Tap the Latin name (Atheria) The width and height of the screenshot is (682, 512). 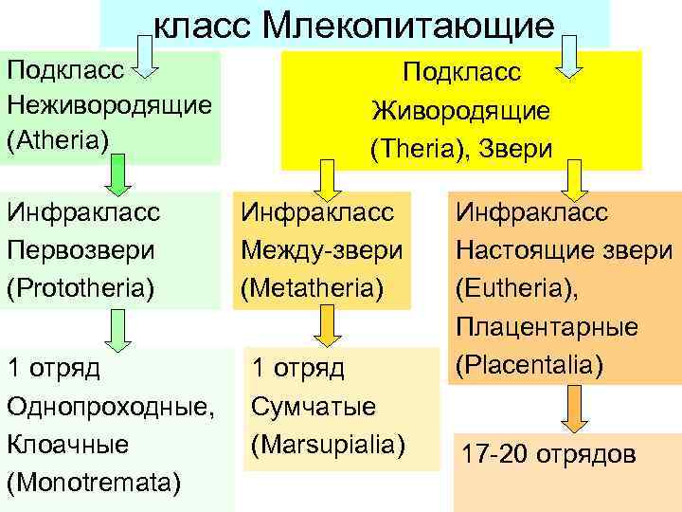pyautogui.click(x=58, y=136)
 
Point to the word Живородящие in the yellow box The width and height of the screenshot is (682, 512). pyautogui.click(x=461, y=110)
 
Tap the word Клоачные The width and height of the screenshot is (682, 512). pyautogui.click(x=66, y=444)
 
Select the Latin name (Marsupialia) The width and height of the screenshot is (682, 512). pyautogui.click(x=328, y=444)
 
